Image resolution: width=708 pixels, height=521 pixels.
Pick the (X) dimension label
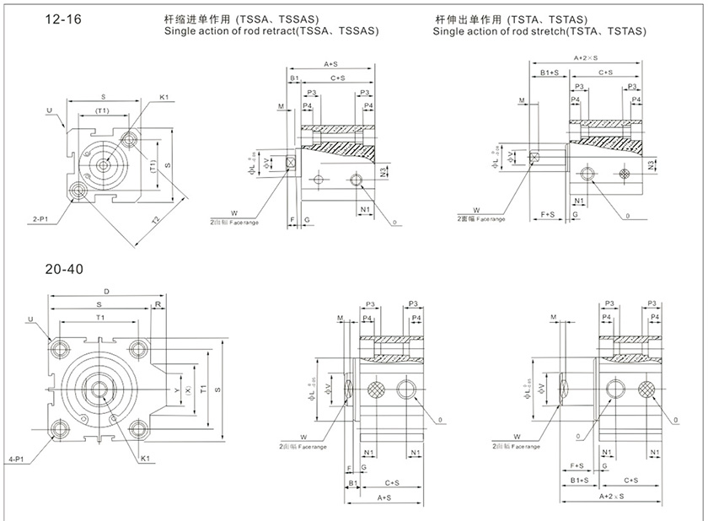188,391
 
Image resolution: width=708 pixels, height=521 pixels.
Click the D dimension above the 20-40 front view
107,291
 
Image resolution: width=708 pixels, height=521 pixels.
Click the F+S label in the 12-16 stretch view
547,215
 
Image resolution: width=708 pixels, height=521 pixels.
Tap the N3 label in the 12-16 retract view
383,173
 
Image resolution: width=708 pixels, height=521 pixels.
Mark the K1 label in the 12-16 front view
165,99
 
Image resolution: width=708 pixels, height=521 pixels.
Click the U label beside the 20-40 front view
31,320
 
